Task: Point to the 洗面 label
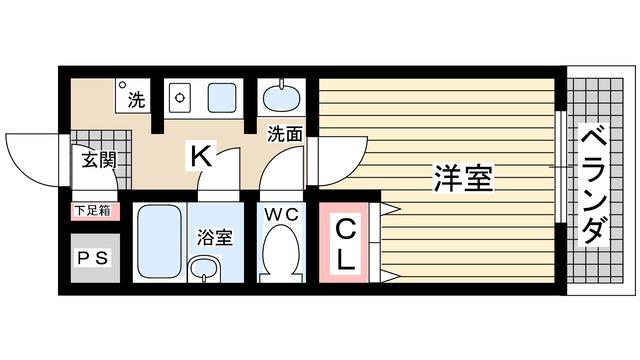[x=284, y=133]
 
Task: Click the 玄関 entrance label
[x=95, y=160]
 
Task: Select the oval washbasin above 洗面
[x=283, y=101]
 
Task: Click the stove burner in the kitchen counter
[x=181, y=98]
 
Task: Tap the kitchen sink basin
[x=221, y=98]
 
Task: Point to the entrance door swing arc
[x=35, y=160]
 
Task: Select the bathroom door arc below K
[x=222, y=170]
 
